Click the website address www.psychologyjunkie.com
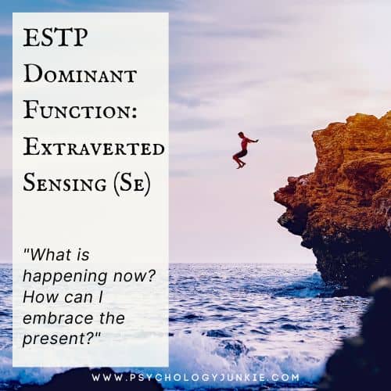point(195,377)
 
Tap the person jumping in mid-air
point(243,149)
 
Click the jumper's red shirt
point(245,144)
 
